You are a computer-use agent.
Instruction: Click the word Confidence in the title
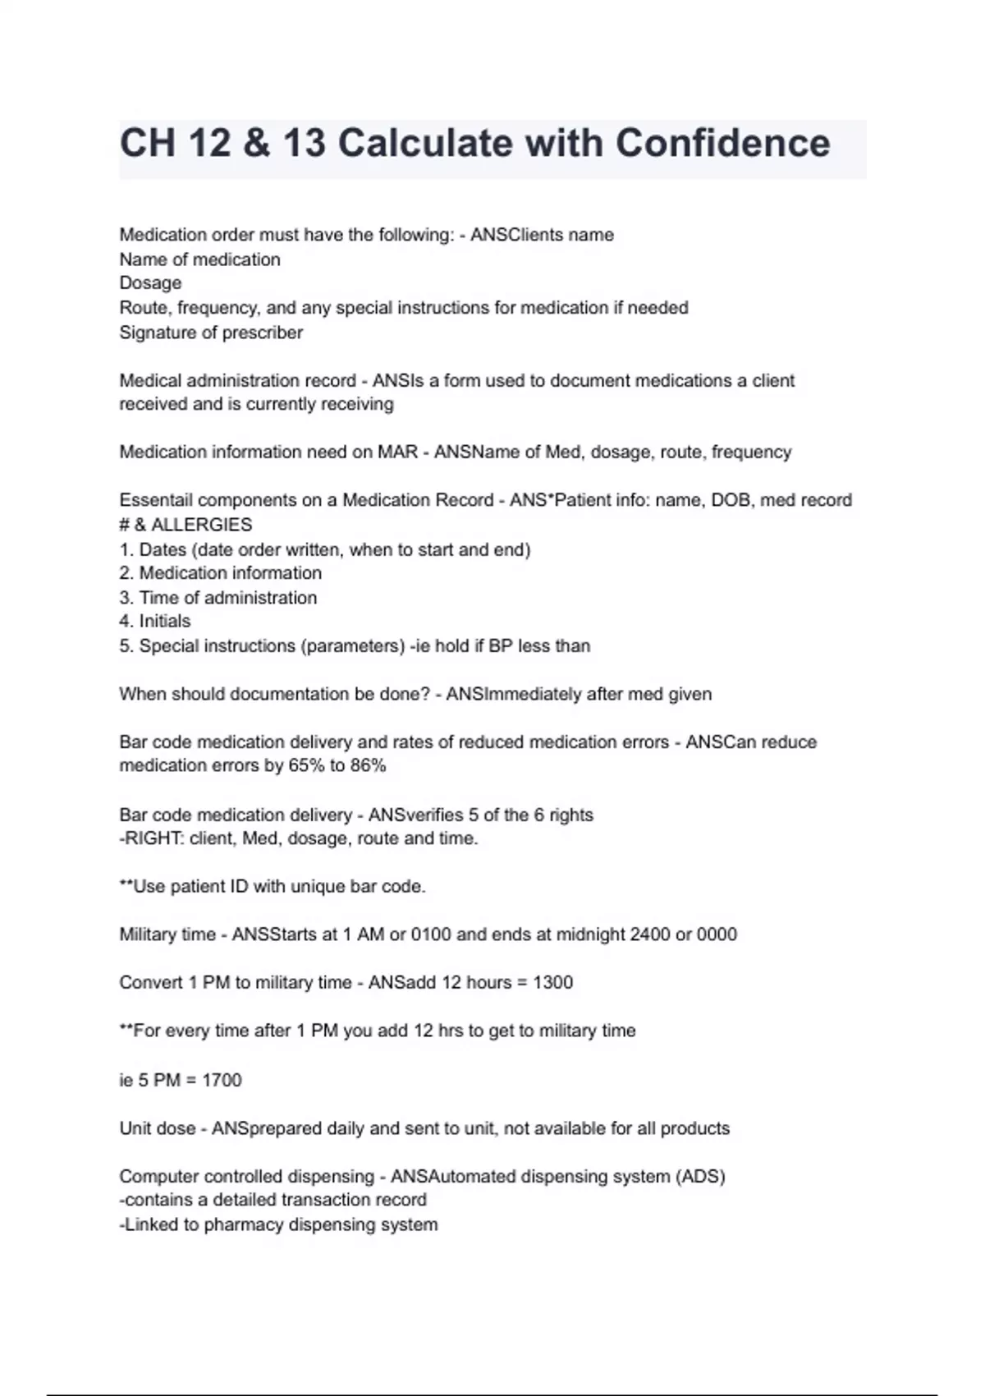coord(722,143)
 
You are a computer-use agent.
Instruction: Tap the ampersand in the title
coord(257,143)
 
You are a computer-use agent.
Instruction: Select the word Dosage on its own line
coord(150,283)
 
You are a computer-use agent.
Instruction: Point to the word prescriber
coord(262,333)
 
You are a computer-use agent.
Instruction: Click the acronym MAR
coord(398,452)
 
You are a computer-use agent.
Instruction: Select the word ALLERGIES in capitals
coord(201,525)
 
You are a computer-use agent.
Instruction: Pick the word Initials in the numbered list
coord(165,622)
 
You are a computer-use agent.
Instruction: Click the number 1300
coord(552,983)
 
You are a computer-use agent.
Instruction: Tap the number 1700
coord(222,1080)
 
